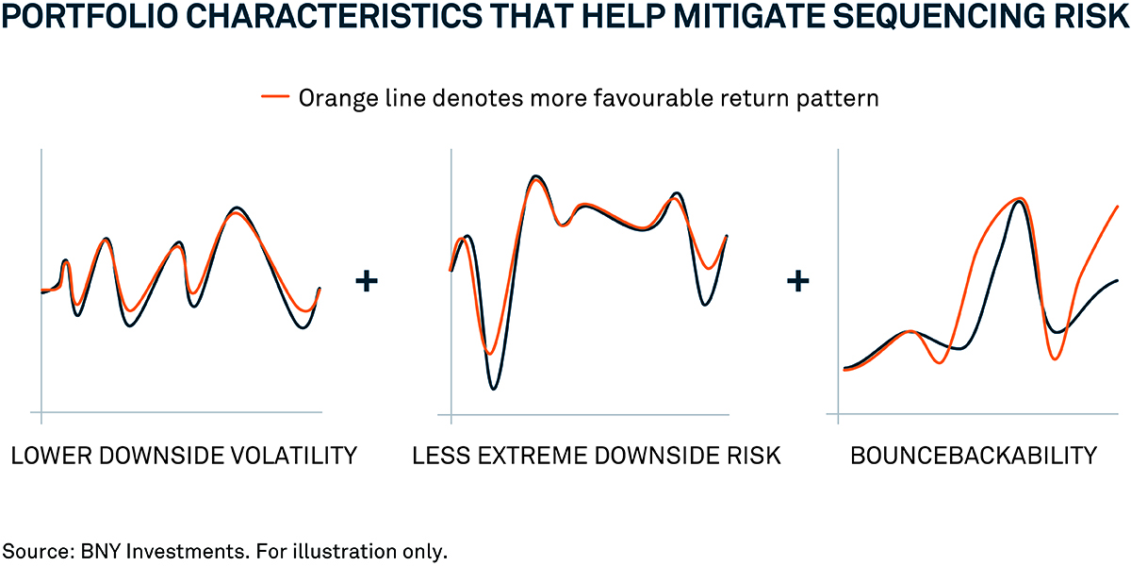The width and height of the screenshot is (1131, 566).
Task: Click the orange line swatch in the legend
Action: tap(275, 96)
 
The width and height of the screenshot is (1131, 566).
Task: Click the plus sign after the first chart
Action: tap(367, 281)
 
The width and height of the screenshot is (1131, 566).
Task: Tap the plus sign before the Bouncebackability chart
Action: tap(797, 281)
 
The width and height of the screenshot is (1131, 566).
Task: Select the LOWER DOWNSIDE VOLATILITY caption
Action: tap(185, 456)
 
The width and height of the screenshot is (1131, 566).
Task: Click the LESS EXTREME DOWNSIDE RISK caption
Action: tap(597, 456)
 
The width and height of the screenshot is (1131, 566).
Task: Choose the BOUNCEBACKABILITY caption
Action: tap(974, 456)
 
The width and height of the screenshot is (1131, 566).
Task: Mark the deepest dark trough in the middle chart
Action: tap(493, 388)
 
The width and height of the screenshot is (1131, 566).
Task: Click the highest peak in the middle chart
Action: tap(535, 177)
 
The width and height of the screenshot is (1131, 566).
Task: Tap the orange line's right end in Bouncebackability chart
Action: tap(1118, 207)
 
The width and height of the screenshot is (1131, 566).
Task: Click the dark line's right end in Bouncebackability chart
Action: tap(1118, 280)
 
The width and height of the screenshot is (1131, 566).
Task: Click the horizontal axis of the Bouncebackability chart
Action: tap(973, 414)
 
